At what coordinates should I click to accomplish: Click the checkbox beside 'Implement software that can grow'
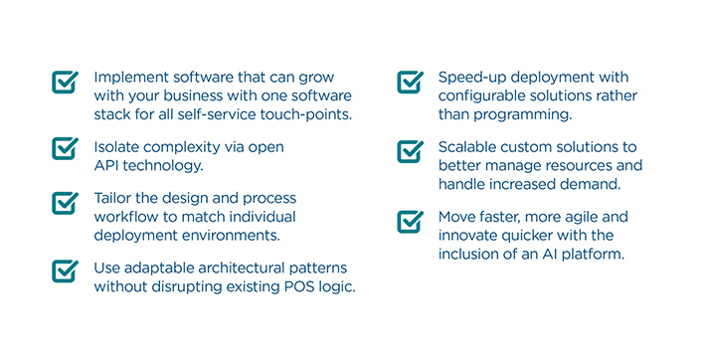coord(65,81)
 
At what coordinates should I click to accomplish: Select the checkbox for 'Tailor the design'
coord(65,201)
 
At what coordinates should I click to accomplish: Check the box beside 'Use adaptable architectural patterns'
coord(65,270)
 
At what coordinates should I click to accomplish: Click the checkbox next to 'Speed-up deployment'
coord(410,81)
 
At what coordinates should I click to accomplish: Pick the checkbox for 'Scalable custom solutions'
coord(410,149)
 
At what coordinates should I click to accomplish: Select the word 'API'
coord(108,165)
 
